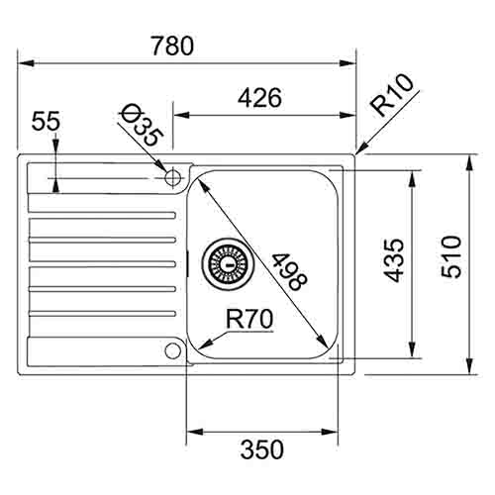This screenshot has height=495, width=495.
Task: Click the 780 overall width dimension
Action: click(x=174, y=46)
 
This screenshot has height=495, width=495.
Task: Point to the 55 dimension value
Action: click(x=46, y=122)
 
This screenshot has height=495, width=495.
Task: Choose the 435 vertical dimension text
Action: click(x=393, y=260)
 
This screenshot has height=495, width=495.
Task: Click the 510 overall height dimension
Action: click(x=450, y=260)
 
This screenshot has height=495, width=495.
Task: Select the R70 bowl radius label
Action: click(x=248, y=319)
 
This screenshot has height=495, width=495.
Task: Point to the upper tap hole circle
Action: click(x=173, y=178)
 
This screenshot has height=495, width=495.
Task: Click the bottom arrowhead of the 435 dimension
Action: click(x=411, y=351)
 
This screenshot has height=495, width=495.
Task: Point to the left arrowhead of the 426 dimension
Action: click(x=180, y=115)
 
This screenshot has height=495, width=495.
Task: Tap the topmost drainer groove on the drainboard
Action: click(x=104, y=213)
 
